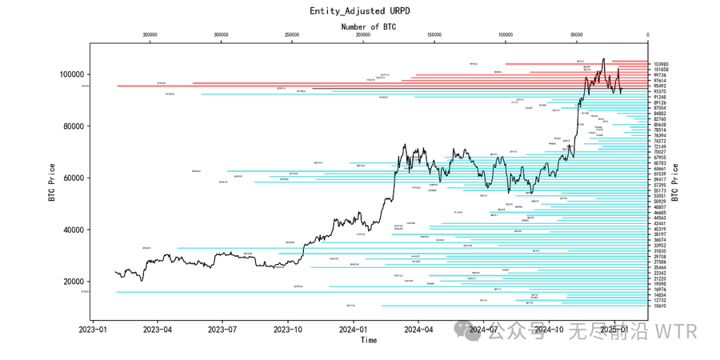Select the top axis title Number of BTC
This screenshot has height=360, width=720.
pyautogui.click(x=368, y=27)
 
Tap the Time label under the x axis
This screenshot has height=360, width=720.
pyautogui.click(x=369, y=340)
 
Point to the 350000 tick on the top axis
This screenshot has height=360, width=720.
pyautogui.click(x=150, y=35)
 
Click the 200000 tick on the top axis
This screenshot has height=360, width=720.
pyautogui.click(x=363, y=35)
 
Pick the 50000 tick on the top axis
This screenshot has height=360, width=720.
pyautogui.click(x=577, y=35)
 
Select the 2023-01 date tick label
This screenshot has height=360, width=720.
pyautogui.click(x=93, y=329)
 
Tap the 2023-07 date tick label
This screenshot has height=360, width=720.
pyautogui.click(x=223, y=329)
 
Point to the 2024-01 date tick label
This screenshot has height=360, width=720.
pyautogui.click(x=353, y=329)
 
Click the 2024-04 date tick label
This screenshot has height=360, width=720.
pyautogui.click(x=418, y=329)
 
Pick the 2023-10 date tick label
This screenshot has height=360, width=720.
pyautogui.click(x=289, y=329)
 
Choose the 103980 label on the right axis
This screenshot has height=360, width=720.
pyautogui.click(x=661, y=65)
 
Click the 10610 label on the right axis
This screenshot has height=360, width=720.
pyautogui.click(x=660, y=306)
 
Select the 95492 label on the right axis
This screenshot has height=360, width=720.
pyautogui.click(x=660, y=86)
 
